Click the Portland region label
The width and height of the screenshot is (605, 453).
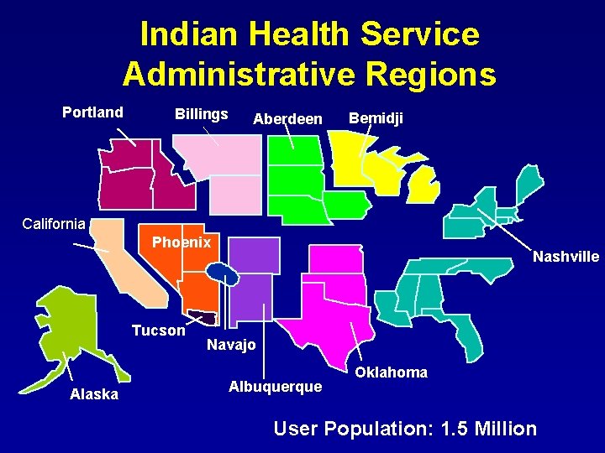pyautogui.click(x=92, y=112)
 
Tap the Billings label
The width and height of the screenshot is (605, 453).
pyautogui.click(x=201, y=114)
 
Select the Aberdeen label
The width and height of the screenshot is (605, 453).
pyautogui.click(x=287, y=120)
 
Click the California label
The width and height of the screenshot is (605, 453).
pyautogui.click(x=54, y=223)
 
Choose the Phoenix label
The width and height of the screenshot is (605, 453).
pyautogui.click(x=181, y=242)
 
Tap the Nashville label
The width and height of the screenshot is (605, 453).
pyautogui.click(x=566, y=257)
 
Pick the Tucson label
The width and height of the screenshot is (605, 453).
pyautogui.click(x=158, y=331)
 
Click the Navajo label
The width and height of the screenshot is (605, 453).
pyautogui.click(x=231, y=345)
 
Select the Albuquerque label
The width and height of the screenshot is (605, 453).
pyautogui.click(x=275, y=387)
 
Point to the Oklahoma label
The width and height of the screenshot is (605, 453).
pyautogui.click(x=391, y=372)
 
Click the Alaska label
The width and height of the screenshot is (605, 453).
pyautogui.click(x=94, y=394)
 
